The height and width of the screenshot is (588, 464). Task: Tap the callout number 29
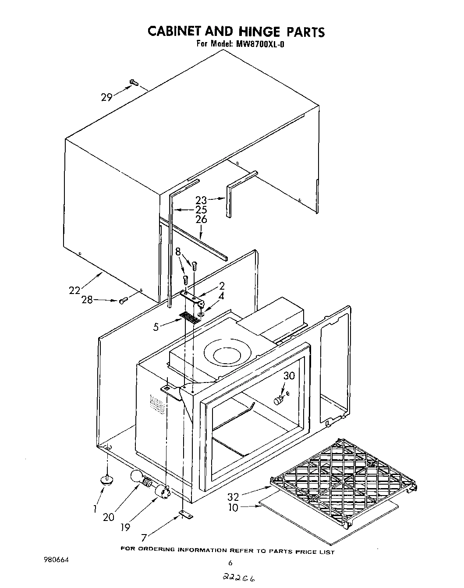107,97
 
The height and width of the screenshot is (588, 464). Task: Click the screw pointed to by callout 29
134,82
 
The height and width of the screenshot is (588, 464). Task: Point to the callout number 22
75,290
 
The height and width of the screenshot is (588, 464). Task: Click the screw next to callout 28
123,300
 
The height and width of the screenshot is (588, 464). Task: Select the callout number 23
201,200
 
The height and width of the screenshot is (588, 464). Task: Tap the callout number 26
201,220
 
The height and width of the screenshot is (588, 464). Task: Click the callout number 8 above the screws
178,251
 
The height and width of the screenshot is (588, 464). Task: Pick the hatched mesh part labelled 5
190,318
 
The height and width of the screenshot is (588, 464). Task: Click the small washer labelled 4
200,314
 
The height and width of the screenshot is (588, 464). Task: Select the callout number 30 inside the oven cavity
289,375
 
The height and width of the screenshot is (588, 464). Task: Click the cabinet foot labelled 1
106,480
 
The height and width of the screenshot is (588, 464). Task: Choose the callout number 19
126,527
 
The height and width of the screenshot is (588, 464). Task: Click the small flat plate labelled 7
186,515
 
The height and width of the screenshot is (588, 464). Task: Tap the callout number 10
234,507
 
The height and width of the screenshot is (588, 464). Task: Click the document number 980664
57,560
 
